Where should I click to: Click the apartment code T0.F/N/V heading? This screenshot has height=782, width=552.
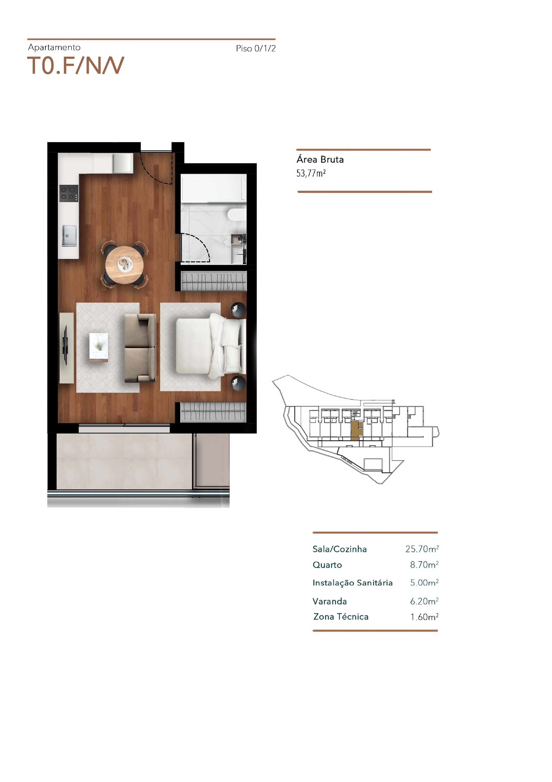[x=75, y=65]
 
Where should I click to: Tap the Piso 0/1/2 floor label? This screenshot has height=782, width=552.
[x=256, y=48]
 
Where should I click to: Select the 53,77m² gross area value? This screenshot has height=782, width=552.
[x=311, y=173]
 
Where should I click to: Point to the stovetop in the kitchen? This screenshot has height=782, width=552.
[x=69, y=193]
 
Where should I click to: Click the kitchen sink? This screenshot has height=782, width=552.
[x=69, y=236]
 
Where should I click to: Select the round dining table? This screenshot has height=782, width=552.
[x=124, y=264]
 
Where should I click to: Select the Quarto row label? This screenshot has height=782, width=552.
[x=327, y=565]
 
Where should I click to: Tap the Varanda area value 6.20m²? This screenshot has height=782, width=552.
[x=424, y=601]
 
